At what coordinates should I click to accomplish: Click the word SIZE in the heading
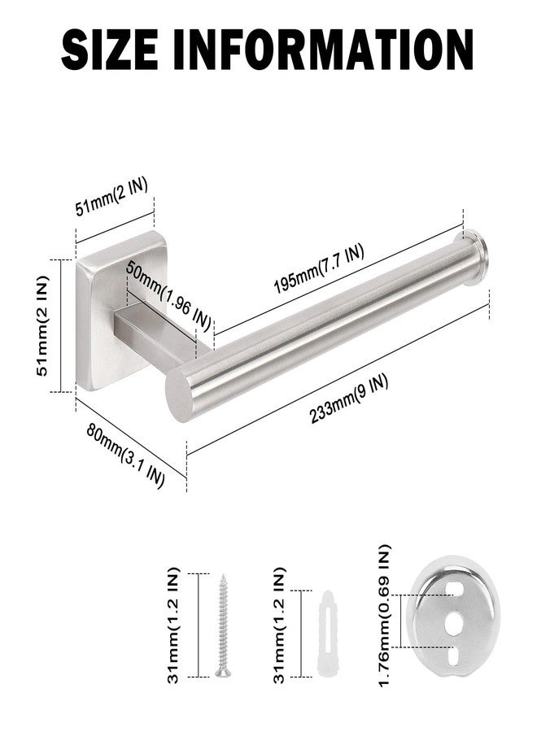pos(109,50)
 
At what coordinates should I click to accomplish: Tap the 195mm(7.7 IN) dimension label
pos(319,270)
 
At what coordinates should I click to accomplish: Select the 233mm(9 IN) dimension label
pos(349,400)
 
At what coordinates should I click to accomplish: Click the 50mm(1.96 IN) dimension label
pos(169,296)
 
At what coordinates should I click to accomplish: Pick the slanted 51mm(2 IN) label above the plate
pos(111,198)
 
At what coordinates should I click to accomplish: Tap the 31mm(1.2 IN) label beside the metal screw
pos(173,625)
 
